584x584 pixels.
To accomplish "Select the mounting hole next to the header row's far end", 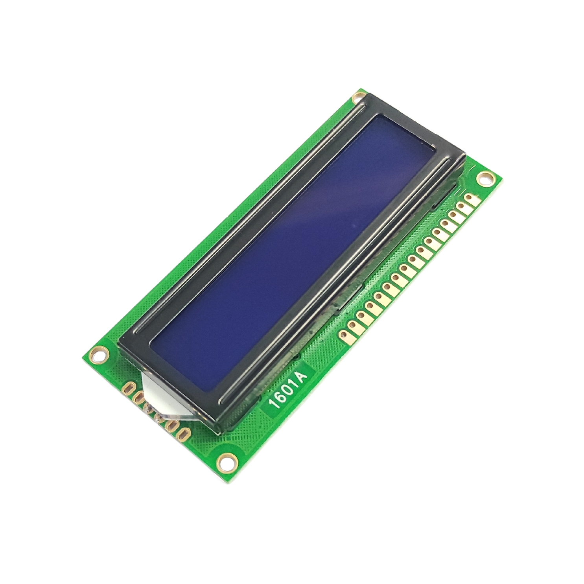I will tap(486, 179).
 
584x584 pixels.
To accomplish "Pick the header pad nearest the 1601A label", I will tap(344, 335).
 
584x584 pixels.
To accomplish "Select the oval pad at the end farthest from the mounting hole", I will tap(182, 433).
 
